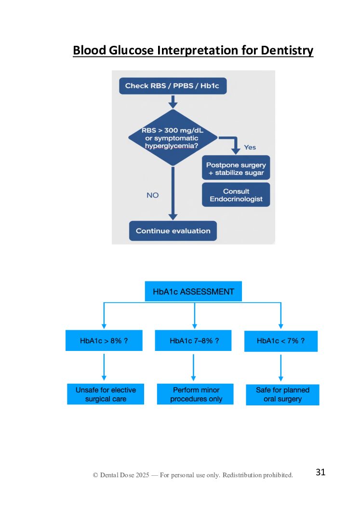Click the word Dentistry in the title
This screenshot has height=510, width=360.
[x=287, y=50]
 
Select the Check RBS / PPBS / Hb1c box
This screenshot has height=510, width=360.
[x=172, y=86]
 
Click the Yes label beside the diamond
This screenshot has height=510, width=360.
[x=250, y=147]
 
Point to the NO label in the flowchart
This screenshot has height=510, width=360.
[x=152, y=195]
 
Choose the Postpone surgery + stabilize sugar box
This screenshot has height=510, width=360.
[x=236, y=169]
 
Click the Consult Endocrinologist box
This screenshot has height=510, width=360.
[x=236, y=195]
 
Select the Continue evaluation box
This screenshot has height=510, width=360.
[x=173, y=231]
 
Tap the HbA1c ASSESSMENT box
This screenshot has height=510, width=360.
[x=193, y=292]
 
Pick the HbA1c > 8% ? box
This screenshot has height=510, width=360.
[x=104, y=341]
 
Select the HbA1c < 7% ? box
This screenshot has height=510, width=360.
[x=280, y=341]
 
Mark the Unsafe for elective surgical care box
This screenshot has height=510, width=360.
[x=106, y=394]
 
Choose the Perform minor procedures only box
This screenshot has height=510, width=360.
[x=195, y=394]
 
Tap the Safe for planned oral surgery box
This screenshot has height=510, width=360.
[x=282, y=394]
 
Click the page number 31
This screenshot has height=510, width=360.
[x=320, y=472]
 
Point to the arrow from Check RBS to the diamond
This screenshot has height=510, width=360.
[x=173, y=101]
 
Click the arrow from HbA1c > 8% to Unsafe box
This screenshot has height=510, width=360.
[x=104, y=367]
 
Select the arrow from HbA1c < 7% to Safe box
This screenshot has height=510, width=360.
[x=281, y=367]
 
